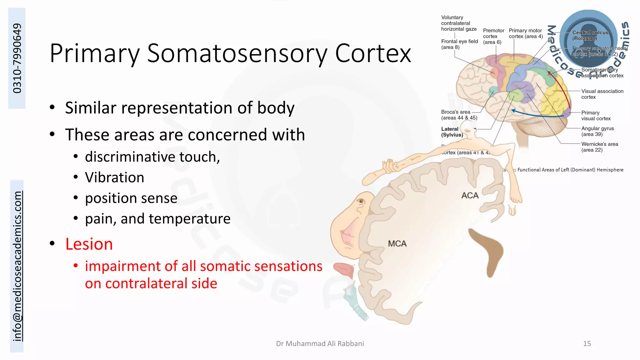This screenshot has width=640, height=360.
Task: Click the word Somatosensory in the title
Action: coord(237,54)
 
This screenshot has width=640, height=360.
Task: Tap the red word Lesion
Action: coord(89,244)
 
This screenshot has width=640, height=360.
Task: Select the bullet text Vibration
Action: coord(114,177)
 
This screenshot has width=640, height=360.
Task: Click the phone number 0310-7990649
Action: coord(17,58)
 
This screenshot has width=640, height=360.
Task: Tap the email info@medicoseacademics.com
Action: coord(17,266)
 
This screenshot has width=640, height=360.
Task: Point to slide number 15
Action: coord(587,343)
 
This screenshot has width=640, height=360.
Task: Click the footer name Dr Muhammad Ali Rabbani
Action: coord(320,343)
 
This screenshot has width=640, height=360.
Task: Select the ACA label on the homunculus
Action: coord(470,196)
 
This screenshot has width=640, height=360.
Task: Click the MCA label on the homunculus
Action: coord(397,244)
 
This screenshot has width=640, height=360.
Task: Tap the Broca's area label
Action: coord(459,115)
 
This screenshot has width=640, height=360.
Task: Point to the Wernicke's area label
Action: coord(599,147)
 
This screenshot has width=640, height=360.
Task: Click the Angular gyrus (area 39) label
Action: coord(597,131)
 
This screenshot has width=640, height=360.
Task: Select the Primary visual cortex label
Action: coord(595,115)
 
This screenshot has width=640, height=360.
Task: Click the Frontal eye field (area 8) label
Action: coord(459,44)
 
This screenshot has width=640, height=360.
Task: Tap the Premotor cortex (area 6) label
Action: coord(493,36)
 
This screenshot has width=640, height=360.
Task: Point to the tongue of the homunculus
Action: coord(344,269)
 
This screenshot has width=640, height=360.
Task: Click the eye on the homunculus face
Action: coord(361,201)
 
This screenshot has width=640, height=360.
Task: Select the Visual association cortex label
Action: coord(602,94)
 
